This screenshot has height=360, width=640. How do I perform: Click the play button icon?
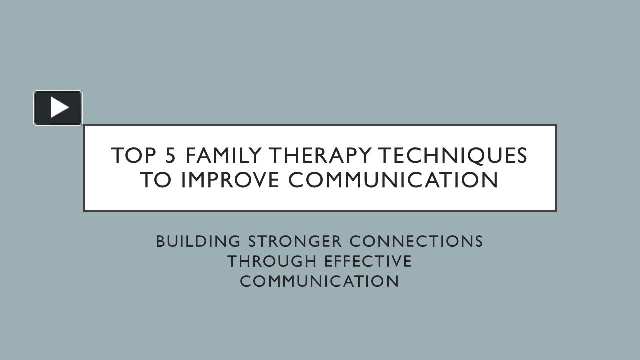(58, 108)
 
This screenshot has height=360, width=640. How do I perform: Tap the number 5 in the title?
(170, 156)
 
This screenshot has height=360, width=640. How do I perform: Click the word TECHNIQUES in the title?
(452, 156)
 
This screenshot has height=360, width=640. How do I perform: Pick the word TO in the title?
(155, 180)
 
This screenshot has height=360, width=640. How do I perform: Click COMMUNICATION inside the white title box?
(393, 180)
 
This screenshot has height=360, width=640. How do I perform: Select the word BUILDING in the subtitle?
(198, 241)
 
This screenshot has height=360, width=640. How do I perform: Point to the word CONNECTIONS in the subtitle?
(416, 241)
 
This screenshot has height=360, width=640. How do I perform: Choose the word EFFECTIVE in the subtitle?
(368, 261)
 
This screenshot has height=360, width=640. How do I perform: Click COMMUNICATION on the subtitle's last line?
(319, 281)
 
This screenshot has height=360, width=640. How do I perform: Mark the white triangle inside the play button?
(59, 108)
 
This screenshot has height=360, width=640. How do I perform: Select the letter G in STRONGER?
(320, 241)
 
